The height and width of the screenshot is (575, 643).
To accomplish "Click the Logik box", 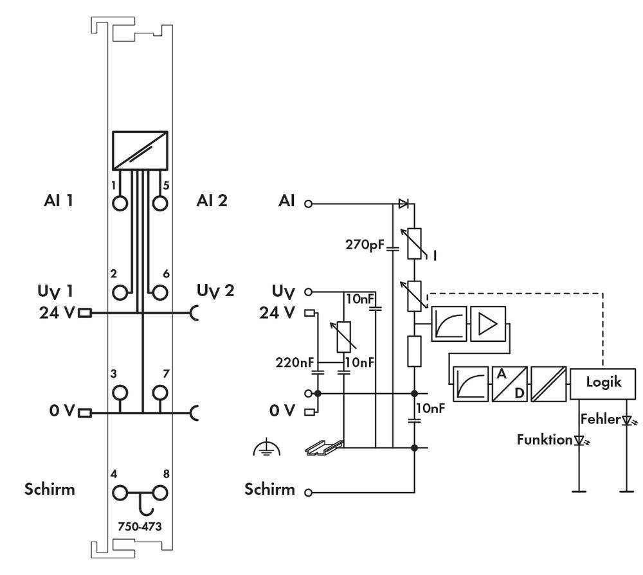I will pyautogui.click(x=603, y=382).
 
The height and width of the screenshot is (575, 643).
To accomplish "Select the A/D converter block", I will pyautogui.click(x=509, y=384).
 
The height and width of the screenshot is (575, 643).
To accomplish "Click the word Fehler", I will pyautogui.click(x=600, y=420).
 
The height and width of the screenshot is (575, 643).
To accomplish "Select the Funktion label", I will pyautogui.click(x=544, y=439).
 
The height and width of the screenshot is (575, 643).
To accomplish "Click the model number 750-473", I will pyautogui.click(x=140, y=526).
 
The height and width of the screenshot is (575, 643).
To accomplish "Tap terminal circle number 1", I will pyautogui.click(x=120, y=202).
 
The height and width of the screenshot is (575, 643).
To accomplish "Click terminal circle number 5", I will pyautogui.click(x=159, y=202).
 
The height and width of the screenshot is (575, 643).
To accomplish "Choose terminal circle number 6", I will pyautogui.click(x=159, y=292).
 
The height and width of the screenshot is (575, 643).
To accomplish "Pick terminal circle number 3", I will pyautogui.click(x=120, y=391).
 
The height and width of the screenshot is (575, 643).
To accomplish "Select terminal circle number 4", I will pyautogui.click(x=120, y=493).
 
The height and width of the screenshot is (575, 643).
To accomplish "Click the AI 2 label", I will pyautogui.click(x=212, y=200).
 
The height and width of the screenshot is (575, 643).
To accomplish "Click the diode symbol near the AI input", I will pyautogui.click(x=403, y=204).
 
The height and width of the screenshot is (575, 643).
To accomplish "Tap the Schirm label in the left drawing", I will pyautogui.click(x=50, y=489).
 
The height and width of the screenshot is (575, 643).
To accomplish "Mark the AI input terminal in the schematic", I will pyautogui.click(x=308, y=204).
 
